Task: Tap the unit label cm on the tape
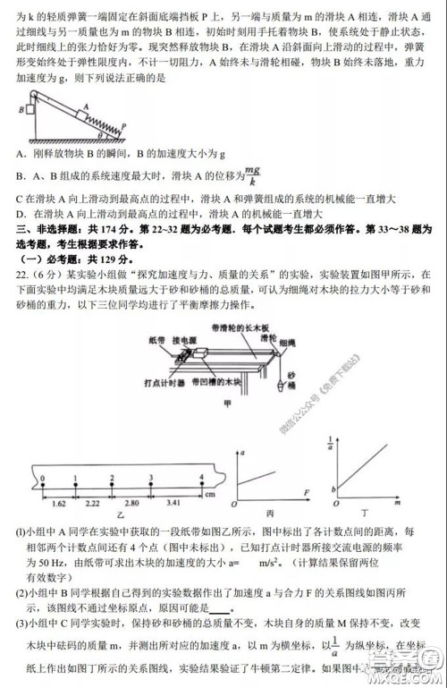pos(211,495)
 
